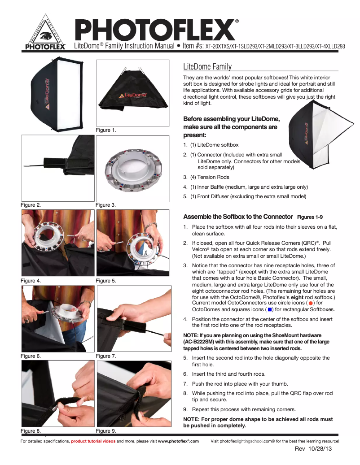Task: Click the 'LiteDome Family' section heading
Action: tap(207, 67)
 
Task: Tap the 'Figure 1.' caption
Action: tap(106, 130)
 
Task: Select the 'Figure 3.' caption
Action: tap(106, 205)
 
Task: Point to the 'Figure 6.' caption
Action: tap(31, 356)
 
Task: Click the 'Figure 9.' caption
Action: tap(106, 431)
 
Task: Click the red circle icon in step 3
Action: tap(311, 304)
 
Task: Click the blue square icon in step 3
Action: tap(269, 310)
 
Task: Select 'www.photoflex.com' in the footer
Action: tap(178, 441)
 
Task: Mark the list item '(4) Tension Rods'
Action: tap(210, 177)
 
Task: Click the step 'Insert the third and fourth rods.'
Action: tap(228, 374)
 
